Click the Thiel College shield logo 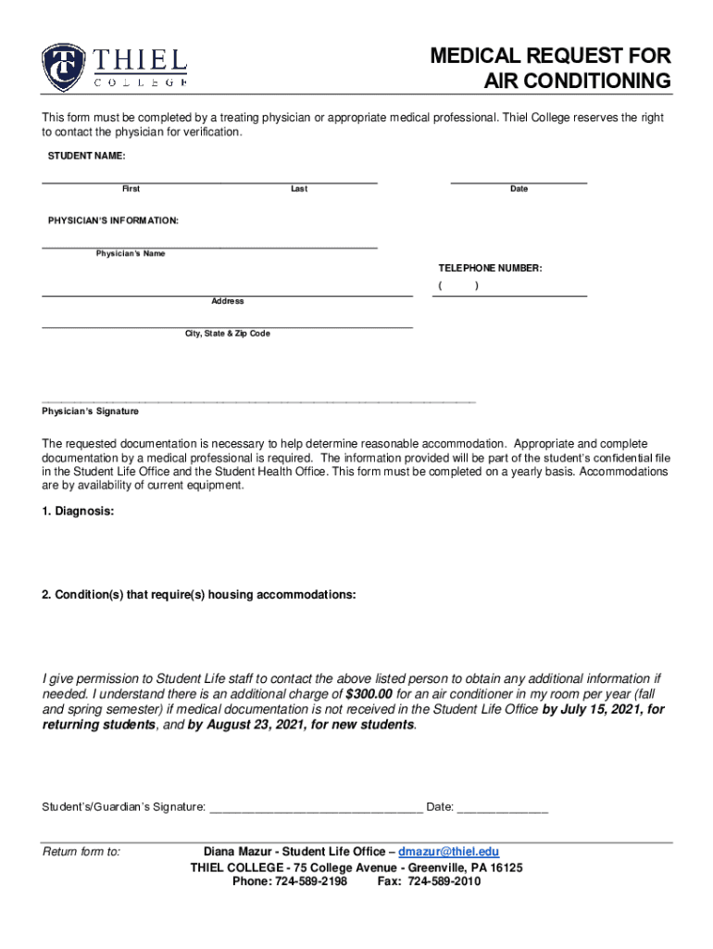64,68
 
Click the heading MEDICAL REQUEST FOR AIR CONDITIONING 550,70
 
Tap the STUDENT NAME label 86,156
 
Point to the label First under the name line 131,189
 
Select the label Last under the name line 299,189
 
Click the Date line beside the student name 519,179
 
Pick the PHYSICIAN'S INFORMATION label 113,221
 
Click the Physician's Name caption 131,254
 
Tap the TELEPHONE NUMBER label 490,268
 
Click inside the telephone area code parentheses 458,286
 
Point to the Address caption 228,301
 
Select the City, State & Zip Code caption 228,334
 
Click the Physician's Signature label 90,411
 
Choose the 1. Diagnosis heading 78,511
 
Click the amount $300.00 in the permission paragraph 369,694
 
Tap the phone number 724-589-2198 310,881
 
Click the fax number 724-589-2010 444,881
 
